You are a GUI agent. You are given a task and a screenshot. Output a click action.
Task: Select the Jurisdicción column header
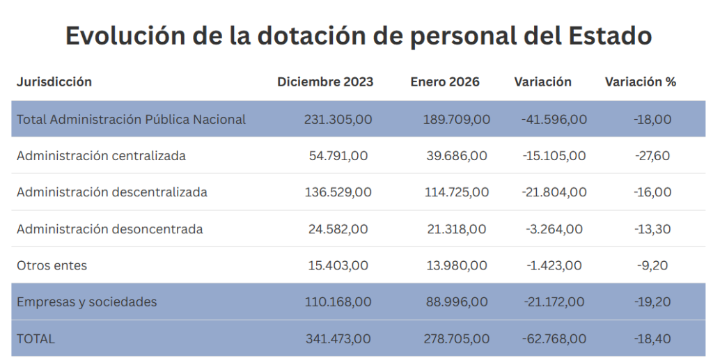click(x=54, y=81)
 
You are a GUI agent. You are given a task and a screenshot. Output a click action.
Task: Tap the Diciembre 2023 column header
click(x=325, y=81)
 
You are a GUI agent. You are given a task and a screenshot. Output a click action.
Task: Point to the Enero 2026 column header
click(x=445, y=81)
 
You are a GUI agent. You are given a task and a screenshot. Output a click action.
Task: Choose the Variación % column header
click(x=640, y=81)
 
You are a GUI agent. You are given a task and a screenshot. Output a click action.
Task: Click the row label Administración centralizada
click(x=101, y=156)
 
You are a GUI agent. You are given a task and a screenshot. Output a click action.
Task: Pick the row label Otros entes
click(x=52, y=265)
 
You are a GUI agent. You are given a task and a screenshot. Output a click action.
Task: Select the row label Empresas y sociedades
click(x=86, y=302)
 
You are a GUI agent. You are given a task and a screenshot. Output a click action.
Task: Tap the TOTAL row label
click(x=36, y=338)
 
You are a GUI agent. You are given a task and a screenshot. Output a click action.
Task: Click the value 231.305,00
click(x=338, y=119)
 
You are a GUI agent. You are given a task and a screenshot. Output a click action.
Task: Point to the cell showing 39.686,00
click(x=457, y=156)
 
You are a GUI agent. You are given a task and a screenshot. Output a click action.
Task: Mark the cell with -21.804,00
click(x=554, y=192)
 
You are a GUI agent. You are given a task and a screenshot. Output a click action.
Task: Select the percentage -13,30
click(x=652, y=229)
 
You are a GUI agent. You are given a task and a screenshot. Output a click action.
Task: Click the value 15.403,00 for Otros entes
click(x=338, y=265)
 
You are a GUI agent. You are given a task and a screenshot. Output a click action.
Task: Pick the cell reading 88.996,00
click(x=457, y=302)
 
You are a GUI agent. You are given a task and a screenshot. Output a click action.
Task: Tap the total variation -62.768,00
click(x=554, y=338)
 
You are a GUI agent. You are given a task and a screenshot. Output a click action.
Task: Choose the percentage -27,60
click(x=652, y=156)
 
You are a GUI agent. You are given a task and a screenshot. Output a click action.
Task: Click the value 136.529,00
click(x=338, y=192)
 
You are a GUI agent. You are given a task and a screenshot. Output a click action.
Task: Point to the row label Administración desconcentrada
click(x=109, y=229)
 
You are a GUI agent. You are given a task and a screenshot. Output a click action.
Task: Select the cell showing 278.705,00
click(x=457, y=338)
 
